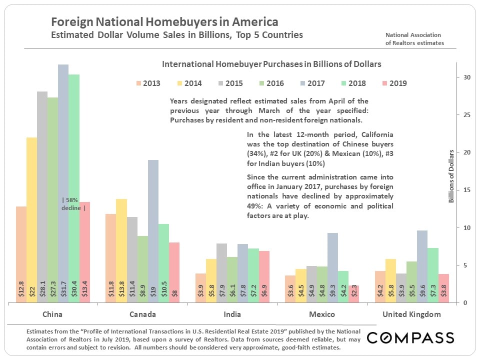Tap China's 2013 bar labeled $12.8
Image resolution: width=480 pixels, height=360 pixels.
21,254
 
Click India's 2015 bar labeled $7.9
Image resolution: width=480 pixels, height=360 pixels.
221,273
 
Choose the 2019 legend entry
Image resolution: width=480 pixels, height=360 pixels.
393,83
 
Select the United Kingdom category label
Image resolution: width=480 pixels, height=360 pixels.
411,314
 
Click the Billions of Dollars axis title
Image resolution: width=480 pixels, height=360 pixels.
451,176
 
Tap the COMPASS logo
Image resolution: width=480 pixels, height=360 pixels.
410,338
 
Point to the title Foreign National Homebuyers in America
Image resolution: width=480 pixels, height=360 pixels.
165,22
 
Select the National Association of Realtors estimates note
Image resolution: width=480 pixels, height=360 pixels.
414,38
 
